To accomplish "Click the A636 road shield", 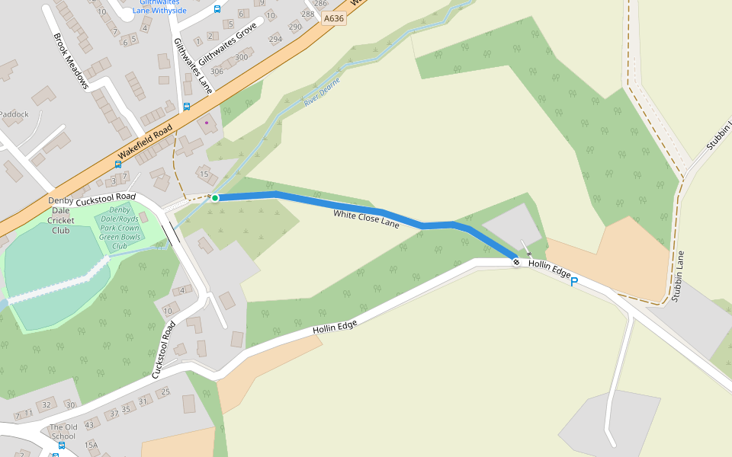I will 333,18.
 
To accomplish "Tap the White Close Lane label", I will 366,219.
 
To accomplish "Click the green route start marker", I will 215,198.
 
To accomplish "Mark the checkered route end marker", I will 517,262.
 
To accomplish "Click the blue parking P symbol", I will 574,283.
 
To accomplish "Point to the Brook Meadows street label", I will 71,61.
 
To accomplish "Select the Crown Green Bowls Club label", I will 120,228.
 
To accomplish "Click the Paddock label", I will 14,114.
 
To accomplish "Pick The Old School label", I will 63,432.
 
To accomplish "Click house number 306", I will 217,72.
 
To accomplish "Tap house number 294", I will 275,39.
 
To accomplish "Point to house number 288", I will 308,14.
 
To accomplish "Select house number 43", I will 89,424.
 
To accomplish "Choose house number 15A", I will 91,445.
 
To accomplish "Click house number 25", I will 164,392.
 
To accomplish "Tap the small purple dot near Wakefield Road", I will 206,122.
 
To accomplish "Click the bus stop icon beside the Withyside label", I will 217,9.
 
